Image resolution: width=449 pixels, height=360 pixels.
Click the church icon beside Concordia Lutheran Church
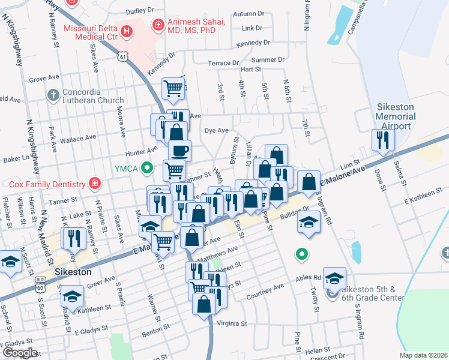(53, 95)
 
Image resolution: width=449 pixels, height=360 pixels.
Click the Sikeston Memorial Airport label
(394, 116)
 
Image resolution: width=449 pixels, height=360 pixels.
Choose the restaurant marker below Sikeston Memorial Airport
(384, 140)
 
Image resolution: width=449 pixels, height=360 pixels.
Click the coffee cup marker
(179, 150)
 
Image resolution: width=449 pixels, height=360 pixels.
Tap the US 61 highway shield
(122, 56)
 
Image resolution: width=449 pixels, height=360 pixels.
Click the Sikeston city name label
(73, 272)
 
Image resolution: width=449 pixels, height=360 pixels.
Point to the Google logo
(19, 353)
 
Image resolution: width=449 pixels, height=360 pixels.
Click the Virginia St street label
(231, 323)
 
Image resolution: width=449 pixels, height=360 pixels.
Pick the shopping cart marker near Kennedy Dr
(173, 89)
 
